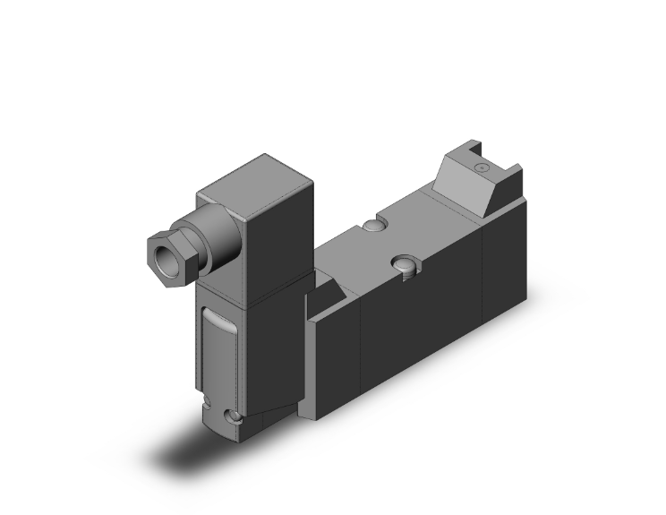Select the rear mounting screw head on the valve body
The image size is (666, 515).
[372, 224]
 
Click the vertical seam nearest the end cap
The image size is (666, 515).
[482, 269]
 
